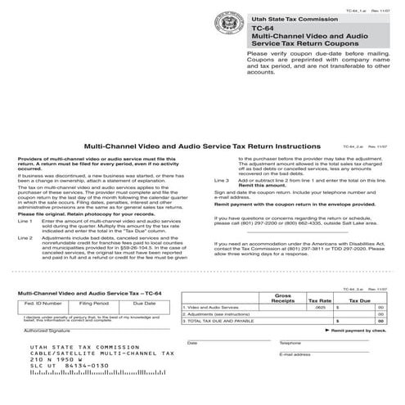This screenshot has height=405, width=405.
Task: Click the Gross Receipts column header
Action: [283, 297]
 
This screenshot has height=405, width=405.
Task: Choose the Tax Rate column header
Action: [319, 301]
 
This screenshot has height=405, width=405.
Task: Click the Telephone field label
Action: [290, 343]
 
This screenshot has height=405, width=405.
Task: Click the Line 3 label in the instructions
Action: [222, 179]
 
